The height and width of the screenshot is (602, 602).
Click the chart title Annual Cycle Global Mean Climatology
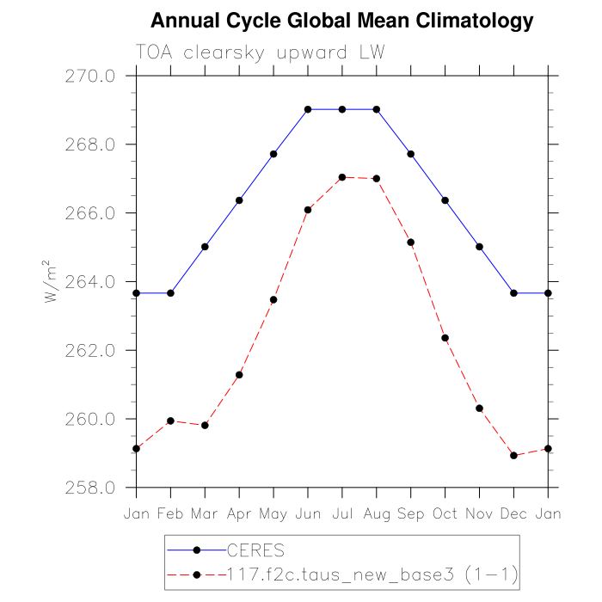point(342,21)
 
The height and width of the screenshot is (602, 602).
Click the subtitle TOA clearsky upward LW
point(259,52)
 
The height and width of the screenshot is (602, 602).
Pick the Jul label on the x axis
point(342,513)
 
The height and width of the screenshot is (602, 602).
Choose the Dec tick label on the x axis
point(514,513)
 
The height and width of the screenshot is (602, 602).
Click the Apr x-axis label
point(239,513)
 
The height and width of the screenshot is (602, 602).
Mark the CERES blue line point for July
point(342,109)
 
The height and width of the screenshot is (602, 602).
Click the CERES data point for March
point(205,247)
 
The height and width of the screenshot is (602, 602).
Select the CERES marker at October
point(445,200)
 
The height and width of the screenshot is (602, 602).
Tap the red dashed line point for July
point(342,177)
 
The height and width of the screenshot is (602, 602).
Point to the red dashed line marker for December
point(514,456)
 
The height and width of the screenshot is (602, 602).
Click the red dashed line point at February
point(170,421)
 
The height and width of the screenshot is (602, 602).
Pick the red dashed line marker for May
point(273,300)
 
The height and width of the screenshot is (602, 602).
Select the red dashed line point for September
point(411,243)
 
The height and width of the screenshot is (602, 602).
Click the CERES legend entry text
point(255,550)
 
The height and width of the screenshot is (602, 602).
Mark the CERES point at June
point(308,109)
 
